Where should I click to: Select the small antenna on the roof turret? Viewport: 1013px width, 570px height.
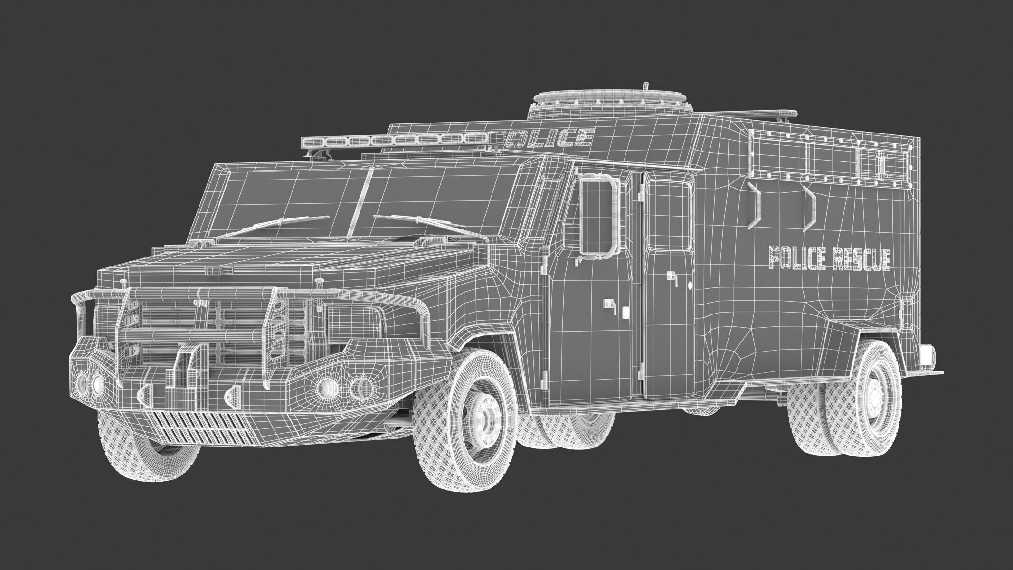(644, 87)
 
